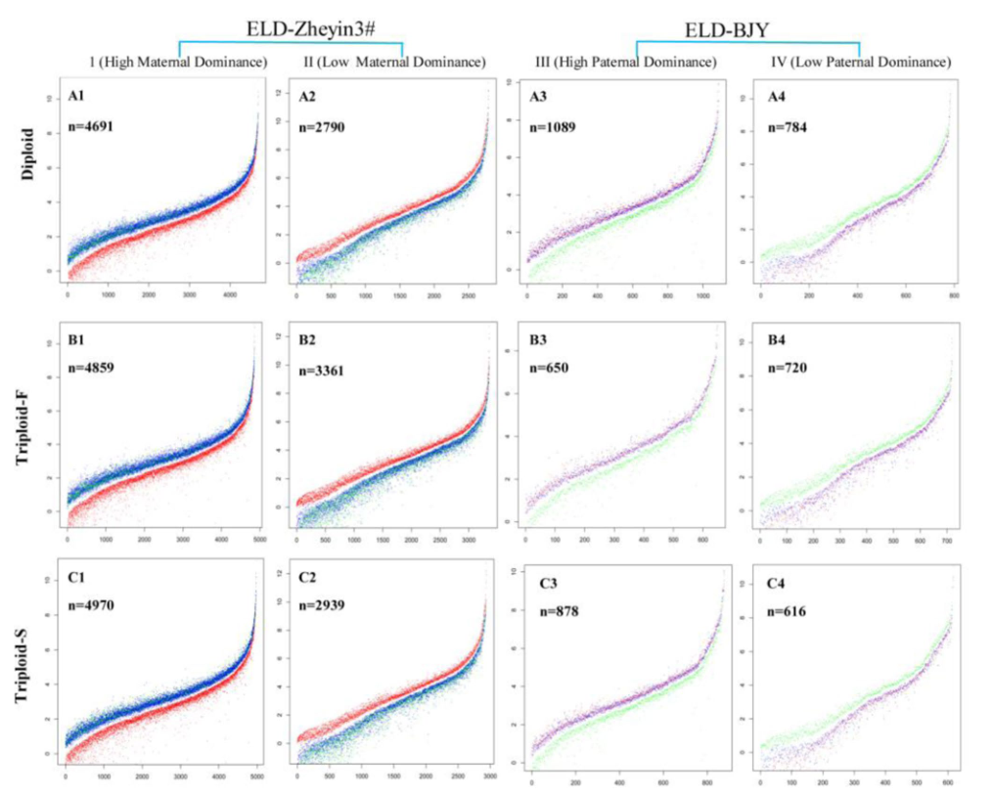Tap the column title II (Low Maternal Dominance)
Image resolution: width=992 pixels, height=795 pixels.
(393, 63)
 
